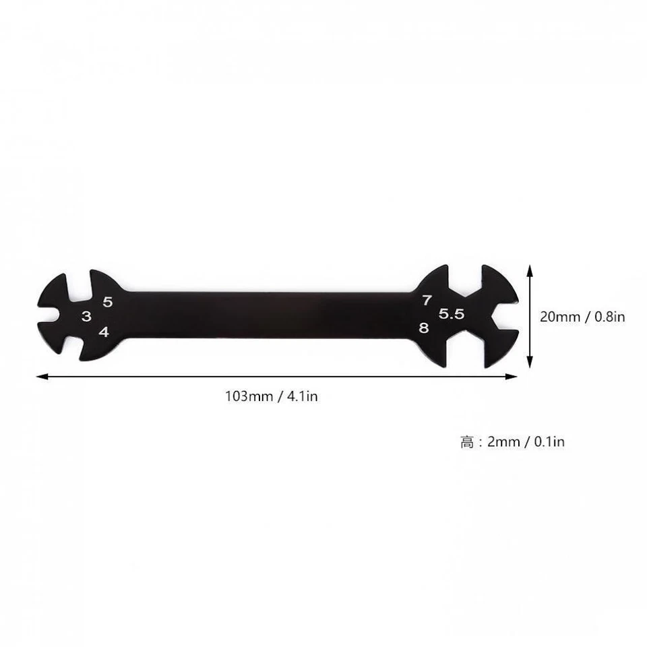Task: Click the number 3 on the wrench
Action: (86, 317)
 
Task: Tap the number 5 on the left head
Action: (108, 303)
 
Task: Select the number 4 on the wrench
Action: (104, 332)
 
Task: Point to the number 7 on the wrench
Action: (427, 301)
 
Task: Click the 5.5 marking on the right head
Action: (452, 314)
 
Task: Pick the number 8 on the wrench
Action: (423, 328)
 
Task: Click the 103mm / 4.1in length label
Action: (272, 396)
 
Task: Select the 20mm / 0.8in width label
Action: (582, 315)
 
